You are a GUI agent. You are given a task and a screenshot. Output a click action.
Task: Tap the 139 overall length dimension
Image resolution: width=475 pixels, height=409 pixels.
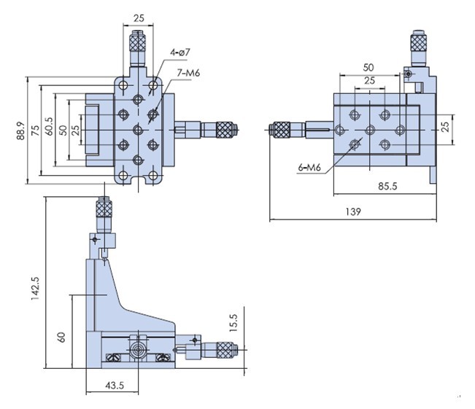(352, 211)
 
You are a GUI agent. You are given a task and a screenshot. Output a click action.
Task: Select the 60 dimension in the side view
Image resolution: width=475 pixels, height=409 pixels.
(62, 336)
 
